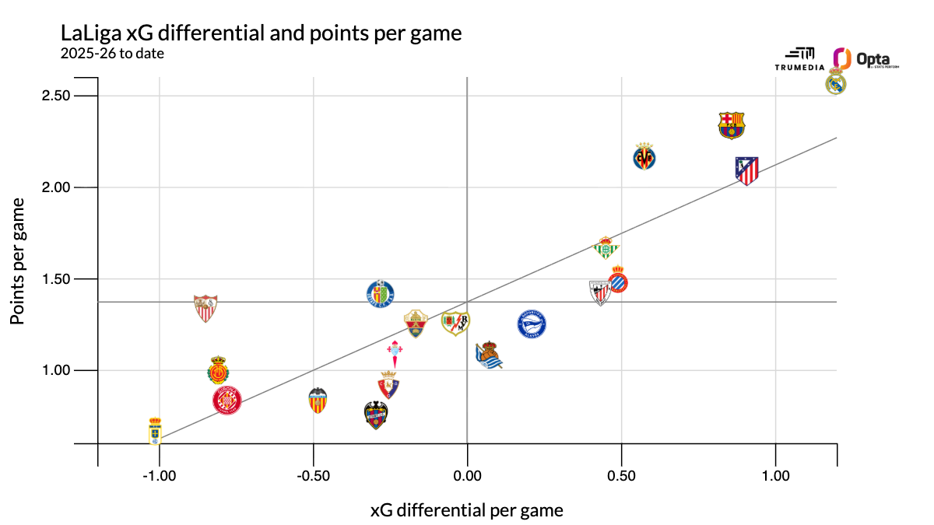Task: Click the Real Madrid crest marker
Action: (836, 81)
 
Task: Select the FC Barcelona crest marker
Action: (731, 125)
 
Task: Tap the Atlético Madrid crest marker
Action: (747, 171)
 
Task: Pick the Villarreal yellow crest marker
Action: (644, 156)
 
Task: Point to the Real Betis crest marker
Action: (605, 247)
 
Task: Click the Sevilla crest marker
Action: (205, 309)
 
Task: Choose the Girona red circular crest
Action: (226, 401)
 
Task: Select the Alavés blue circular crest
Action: (532, 324)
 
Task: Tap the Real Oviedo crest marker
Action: (156, 430)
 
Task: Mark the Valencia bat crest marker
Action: (318, 401)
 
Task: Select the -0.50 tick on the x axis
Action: (313, 475)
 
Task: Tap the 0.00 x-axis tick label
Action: (467, 475)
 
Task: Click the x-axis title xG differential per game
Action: (466, 510)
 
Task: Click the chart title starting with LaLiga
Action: (261, 34)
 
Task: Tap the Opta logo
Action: (866, 59)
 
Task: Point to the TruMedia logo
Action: (795, 59)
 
